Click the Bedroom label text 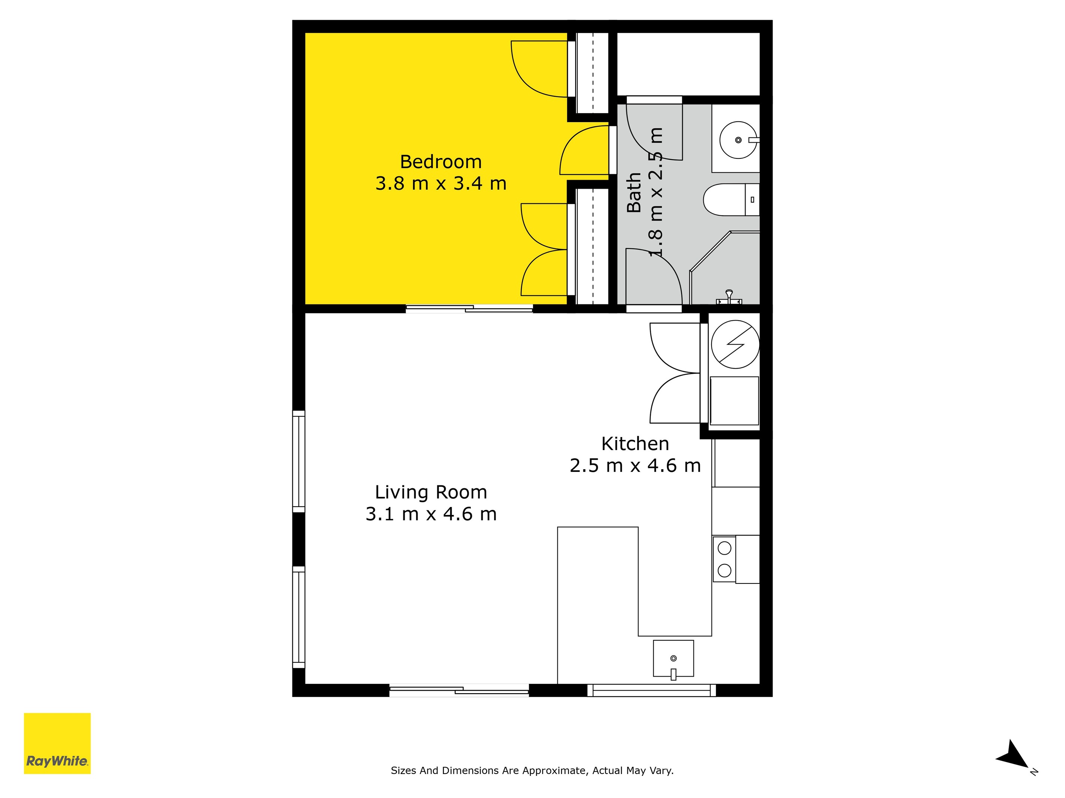440,162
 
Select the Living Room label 431,492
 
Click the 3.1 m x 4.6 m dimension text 431,514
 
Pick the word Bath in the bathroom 634,192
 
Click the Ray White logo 57,743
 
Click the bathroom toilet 731,200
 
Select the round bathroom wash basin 738,140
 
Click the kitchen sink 673,658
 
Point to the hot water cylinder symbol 735,345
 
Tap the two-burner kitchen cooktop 724,559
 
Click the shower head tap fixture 729,297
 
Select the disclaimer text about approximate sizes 532,771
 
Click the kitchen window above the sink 652,690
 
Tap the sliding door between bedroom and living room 469,309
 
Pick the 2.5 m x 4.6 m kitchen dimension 635,465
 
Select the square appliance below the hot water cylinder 734,401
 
